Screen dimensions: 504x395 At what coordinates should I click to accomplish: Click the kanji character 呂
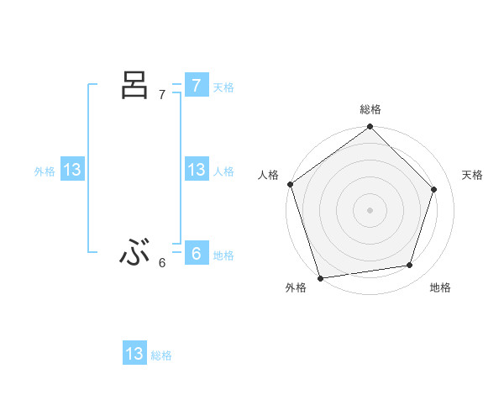(x=135, y=86)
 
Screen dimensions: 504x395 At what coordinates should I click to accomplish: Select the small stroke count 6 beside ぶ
(x=162, y=263)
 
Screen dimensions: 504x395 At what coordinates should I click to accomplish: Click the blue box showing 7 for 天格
(x=196, y=86)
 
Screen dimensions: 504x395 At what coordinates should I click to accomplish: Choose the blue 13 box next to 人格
(x=196, y=170)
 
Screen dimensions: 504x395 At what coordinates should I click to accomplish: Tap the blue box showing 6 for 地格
(x=196, y=254)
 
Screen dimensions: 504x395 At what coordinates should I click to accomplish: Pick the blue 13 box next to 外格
(x=72, y=170)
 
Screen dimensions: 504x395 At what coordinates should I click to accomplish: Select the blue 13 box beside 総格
(x=134, y=354)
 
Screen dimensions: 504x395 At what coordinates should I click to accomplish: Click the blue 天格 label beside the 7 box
(x=223, y=87)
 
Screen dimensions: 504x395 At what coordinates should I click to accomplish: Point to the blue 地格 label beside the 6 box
(x=223, y=255)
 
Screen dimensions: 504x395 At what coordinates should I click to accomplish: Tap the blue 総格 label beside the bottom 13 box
(x=161, y=355)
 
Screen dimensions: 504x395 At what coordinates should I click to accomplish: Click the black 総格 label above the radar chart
(x=370, y=109)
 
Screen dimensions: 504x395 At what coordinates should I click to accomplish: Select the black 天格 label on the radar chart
(x=473, y=175)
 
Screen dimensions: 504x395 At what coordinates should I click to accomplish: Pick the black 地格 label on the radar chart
(x=440, y=288)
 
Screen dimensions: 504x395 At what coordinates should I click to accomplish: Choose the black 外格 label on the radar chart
(x=296, y=288)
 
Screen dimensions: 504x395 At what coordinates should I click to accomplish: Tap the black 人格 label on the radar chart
(x=268, y=175)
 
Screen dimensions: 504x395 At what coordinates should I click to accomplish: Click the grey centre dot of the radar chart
(x=370, y=209)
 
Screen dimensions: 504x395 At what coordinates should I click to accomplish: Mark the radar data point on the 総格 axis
(x=370, y=128)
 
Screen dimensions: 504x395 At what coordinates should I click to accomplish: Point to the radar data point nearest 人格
(x=291, y=184)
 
